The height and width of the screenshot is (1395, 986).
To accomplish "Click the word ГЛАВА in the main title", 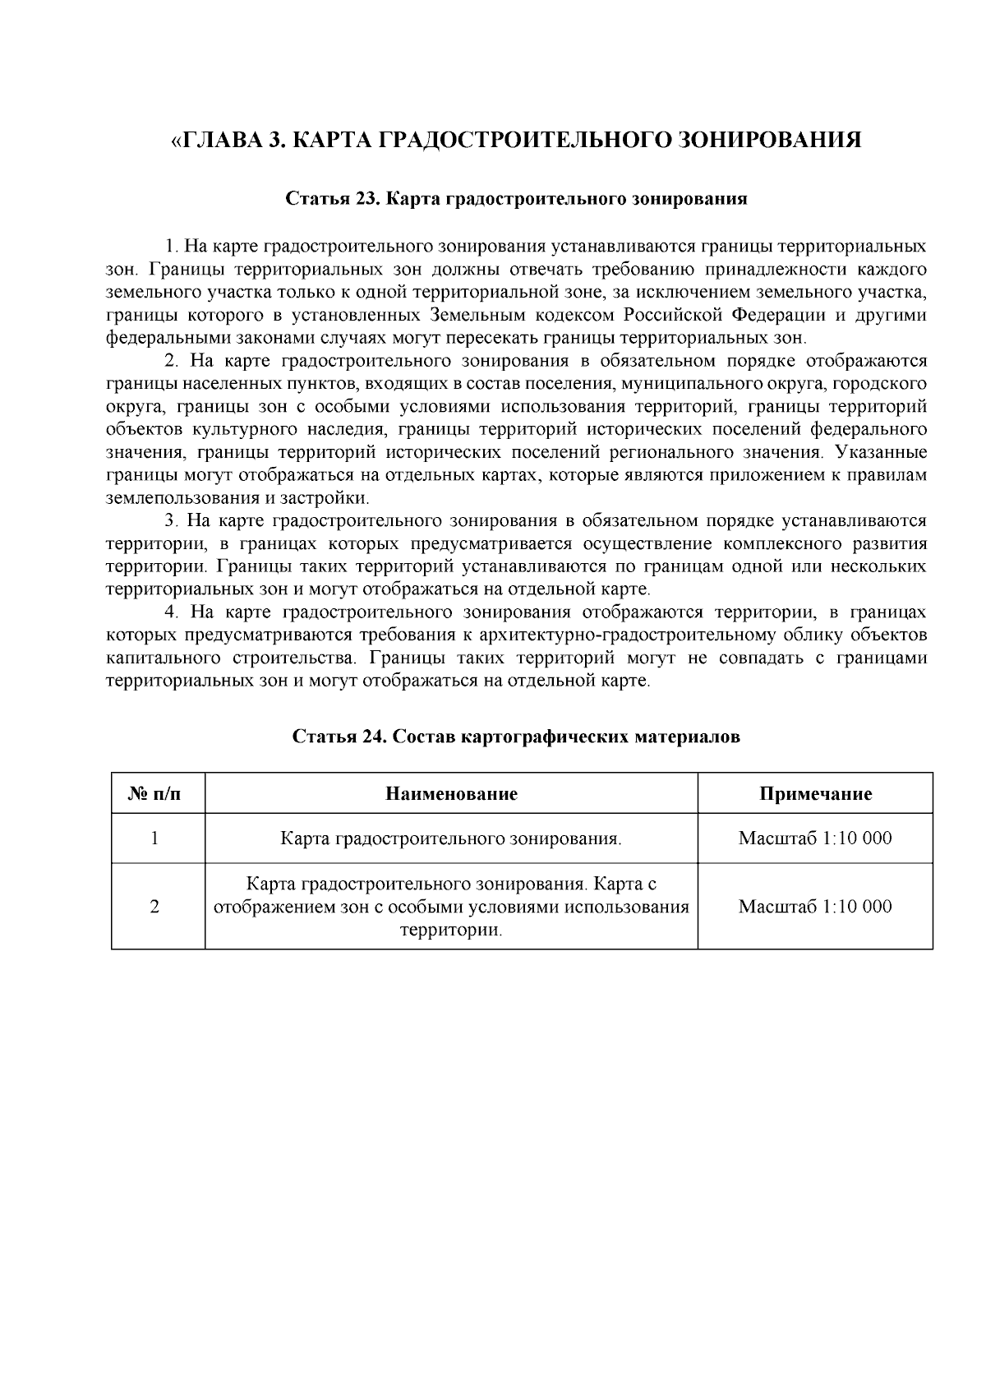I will click(220, 140).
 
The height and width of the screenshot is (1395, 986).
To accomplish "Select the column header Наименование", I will click(451, 793).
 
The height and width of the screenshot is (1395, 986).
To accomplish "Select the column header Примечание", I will click(815, 793).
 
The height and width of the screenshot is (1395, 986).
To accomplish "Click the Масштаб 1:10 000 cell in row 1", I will click(815, 838).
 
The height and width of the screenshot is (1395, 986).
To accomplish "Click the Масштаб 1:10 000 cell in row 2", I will click(815, 906).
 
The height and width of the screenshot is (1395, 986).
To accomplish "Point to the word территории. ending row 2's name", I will click(450, 930).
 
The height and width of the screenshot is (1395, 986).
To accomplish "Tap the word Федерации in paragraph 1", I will click(778, 315).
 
